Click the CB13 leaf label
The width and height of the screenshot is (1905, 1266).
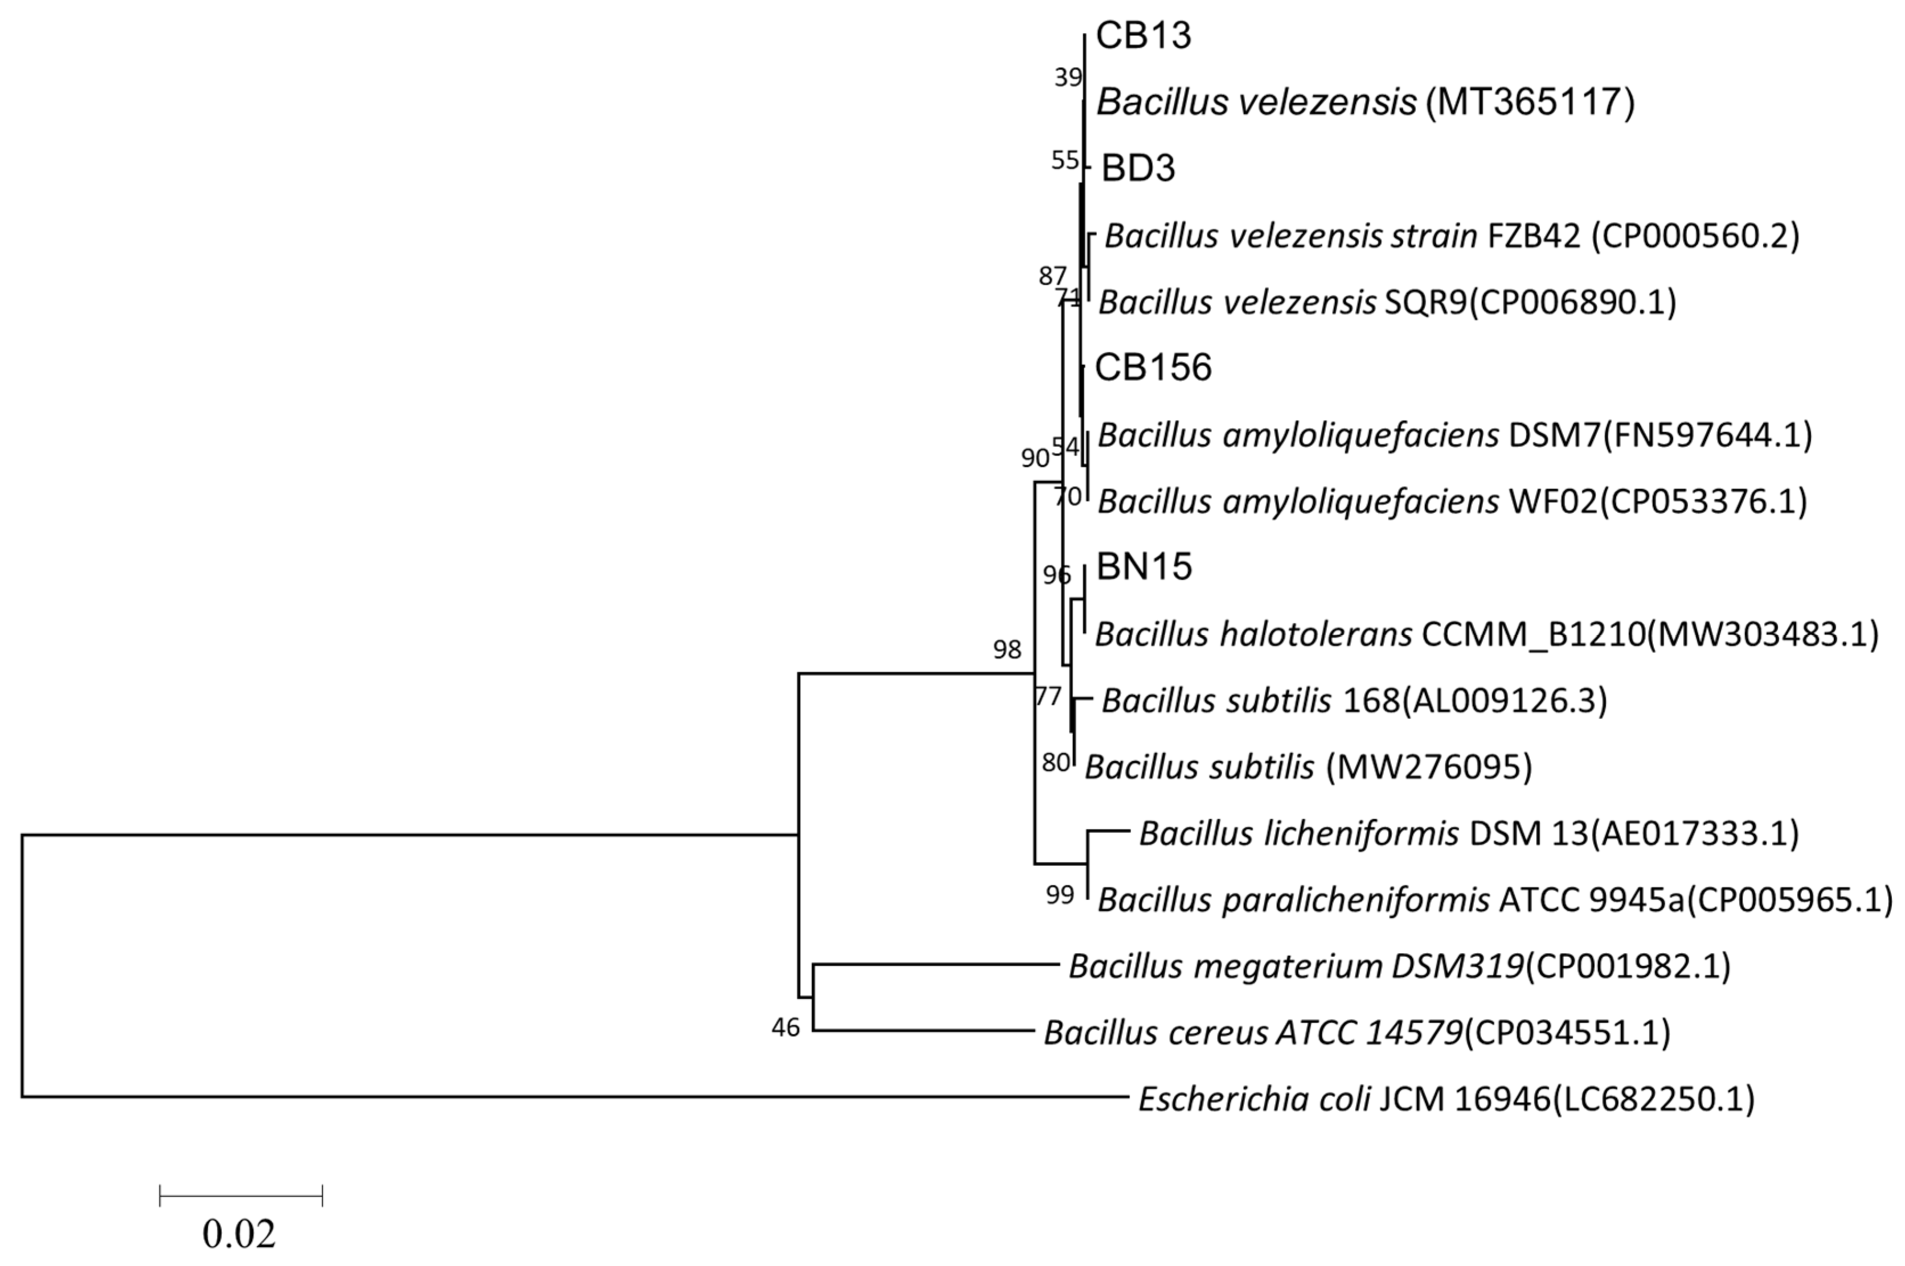coord(1142,36)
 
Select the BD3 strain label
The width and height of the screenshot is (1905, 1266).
coord(1138,168)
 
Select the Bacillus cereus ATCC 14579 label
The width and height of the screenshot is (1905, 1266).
coord(1357,1032)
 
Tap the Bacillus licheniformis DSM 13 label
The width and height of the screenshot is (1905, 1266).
coord(1469,833)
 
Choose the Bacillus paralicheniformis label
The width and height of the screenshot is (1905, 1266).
coord(1494,899)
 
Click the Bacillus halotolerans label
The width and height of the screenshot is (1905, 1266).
coord(1486,635)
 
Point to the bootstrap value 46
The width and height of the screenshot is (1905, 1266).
coord(785,1028)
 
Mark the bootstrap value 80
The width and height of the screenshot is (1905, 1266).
coord(1055,762)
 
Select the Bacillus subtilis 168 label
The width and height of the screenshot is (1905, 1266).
coord(1354,701)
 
